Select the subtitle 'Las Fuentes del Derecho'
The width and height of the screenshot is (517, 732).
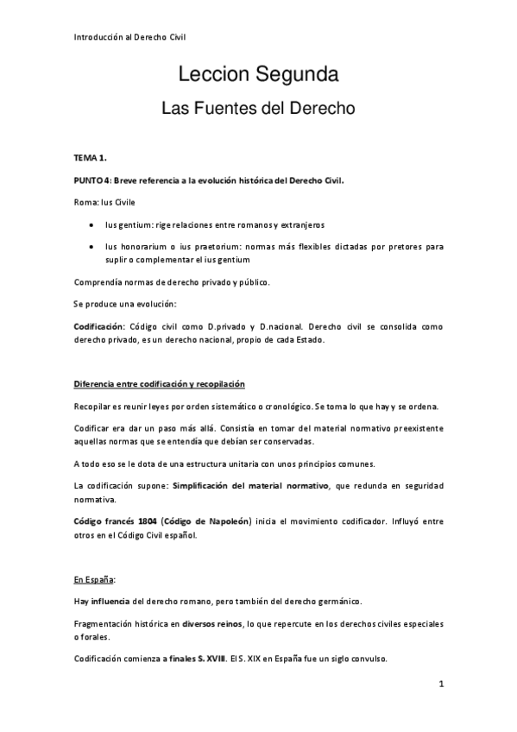[258, 110]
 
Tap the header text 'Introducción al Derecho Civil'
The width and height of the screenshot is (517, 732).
[129, 36]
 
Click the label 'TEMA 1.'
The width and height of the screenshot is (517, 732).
[90, 158]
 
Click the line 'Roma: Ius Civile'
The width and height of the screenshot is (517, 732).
[99, 202]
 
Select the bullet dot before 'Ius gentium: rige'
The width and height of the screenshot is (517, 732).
[92, 224]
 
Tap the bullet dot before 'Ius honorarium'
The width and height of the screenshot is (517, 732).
[92, 246]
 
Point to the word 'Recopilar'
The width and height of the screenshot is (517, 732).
[92, 407]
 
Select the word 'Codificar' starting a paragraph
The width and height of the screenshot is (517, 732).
[92, 429]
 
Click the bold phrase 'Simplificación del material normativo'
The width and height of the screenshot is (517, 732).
[250, 486]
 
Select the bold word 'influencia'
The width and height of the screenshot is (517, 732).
[110, 600]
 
